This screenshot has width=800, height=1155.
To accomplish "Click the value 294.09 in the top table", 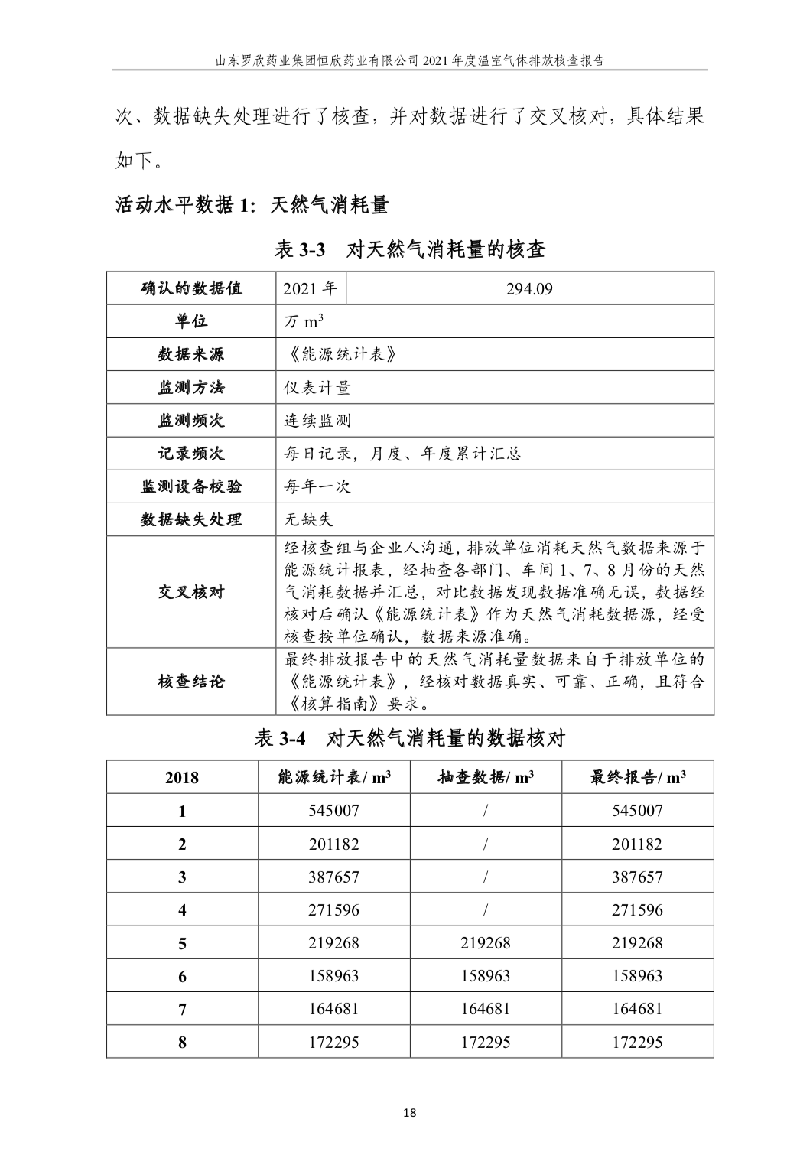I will pos(529,289).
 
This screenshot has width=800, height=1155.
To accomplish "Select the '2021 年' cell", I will pos(310,289).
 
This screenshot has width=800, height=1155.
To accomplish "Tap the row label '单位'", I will pos(191,322).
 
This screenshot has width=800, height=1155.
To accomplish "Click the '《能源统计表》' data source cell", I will pos(340,355).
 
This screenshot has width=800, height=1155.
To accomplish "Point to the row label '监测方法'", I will pos(191,388).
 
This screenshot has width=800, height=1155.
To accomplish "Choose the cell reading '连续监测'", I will pos(317,421).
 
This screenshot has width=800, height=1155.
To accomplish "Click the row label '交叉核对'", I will pos(191,592).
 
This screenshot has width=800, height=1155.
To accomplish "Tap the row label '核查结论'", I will pos(191,682).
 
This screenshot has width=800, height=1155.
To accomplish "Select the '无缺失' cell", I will pos(309,520).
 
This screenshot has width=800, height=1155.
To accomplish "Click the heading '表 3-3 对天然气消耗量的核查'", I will pos(410,249).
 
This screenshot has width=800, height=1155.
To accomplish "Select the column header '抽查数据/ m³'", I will pos(486,778).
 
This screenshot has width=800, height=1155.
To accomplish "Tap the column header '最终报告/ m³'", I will pos(637,778).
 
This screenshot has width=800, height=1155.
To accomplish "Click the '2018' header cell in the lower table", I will pos(182,778).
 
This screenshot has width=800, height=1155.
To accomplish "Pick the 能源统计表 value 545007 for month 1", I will pos(333,811).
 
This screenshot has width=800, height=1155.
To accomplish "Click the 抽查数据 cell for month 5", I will pos(486,943).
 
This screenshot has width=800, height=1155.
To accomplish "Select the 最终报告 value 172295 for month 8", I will pos(637,1042).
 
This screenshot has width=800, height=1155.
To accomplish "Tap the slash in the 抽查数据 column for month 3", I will pos(486,877).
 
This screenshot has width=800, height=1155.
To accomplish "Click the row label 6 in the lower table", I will pos(182,976).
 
